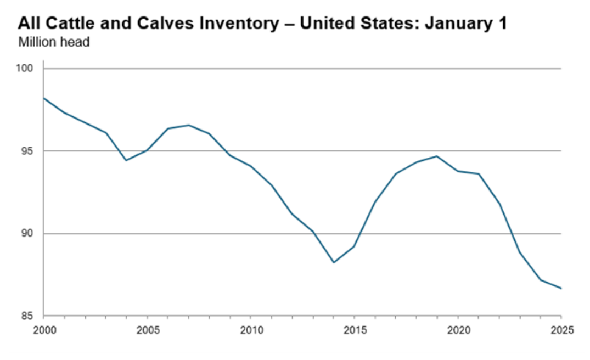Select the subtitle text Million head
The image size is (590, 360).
[54, 42]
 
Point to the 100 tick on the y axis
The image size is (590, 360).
[28, 69]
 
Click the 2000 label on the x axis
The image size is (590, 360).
[44, 330]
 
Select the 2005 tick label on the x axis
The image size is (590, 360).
[147, 330]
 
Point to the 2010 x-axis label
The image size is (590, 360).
[250, 330]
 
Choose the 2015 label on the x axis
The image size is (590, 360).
[354, 330]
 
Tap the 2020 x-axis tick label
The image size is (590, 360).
[458, 330]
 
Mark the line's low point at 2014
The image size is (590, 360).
[333, 262]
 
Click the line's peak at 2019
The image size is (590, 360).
[437, 156]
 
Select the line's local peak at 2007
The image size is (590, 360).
[189, 125]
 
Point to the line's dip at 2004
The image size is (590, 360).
[127, 160]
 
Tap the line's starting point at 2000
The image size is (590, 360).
[44, 98]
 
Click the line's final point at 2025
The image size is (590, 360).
[561, 288]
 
